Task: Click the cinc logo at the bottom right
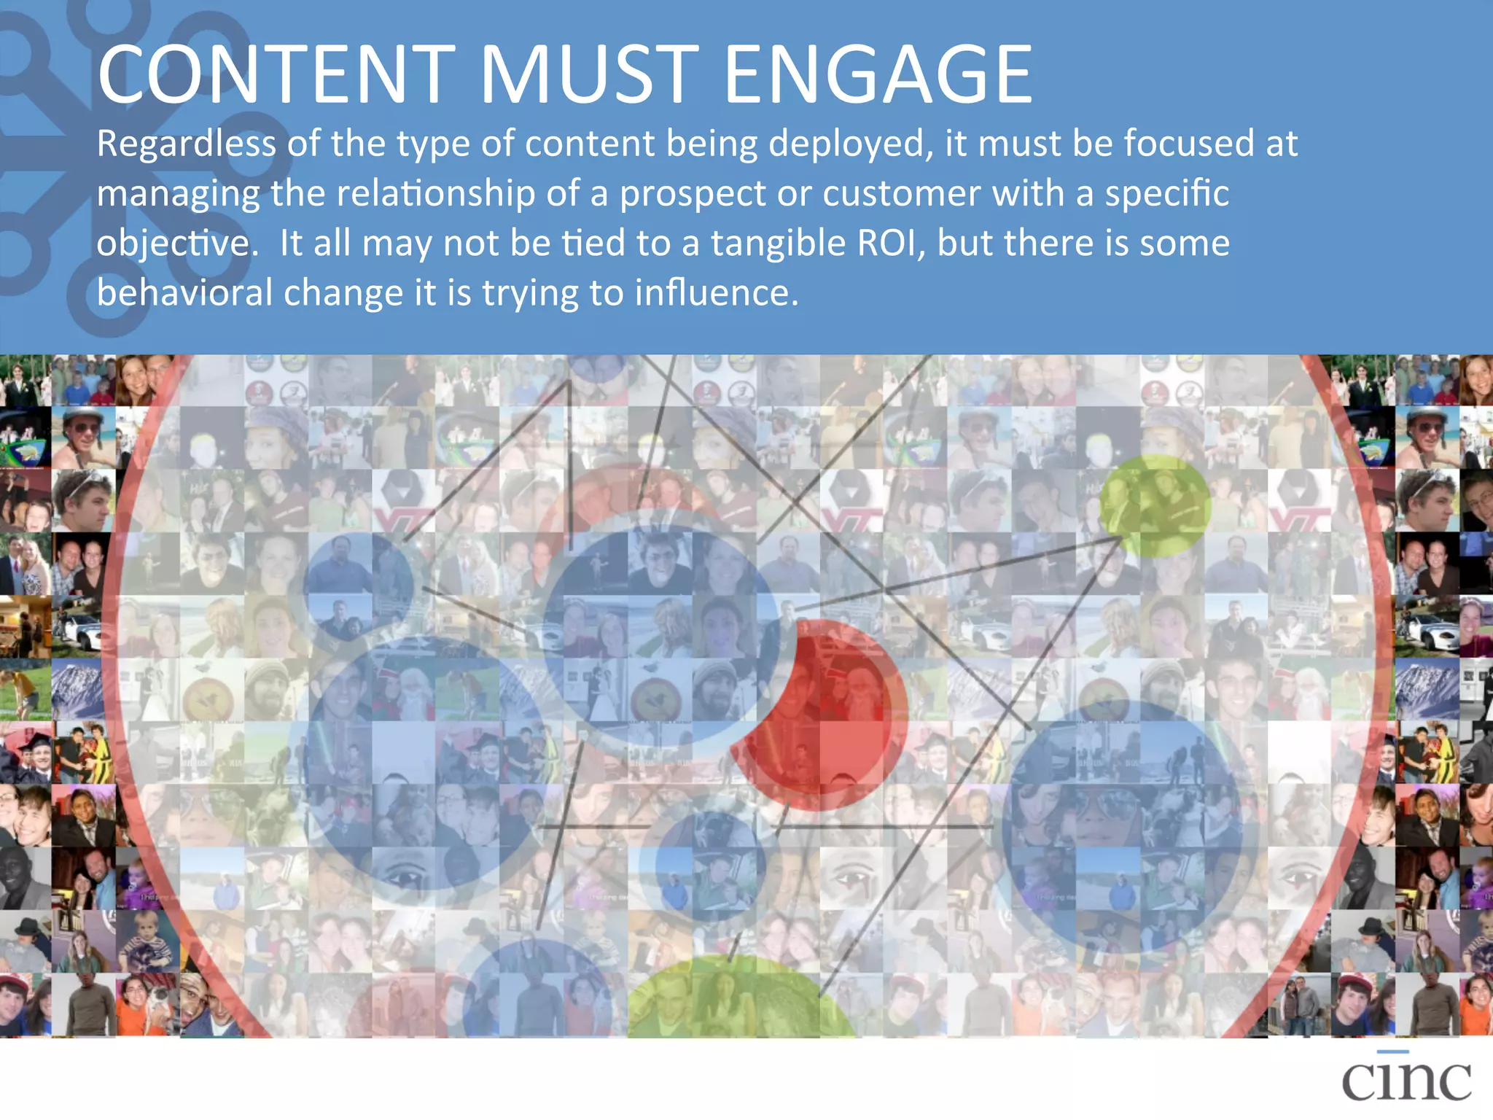(x=1406, y=1078)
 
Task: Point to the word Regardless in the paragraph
(x=186, y=144)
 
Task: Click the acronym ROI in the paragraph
(x=891, y=243)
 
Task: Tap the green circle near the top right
(x=1155, y=505)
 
